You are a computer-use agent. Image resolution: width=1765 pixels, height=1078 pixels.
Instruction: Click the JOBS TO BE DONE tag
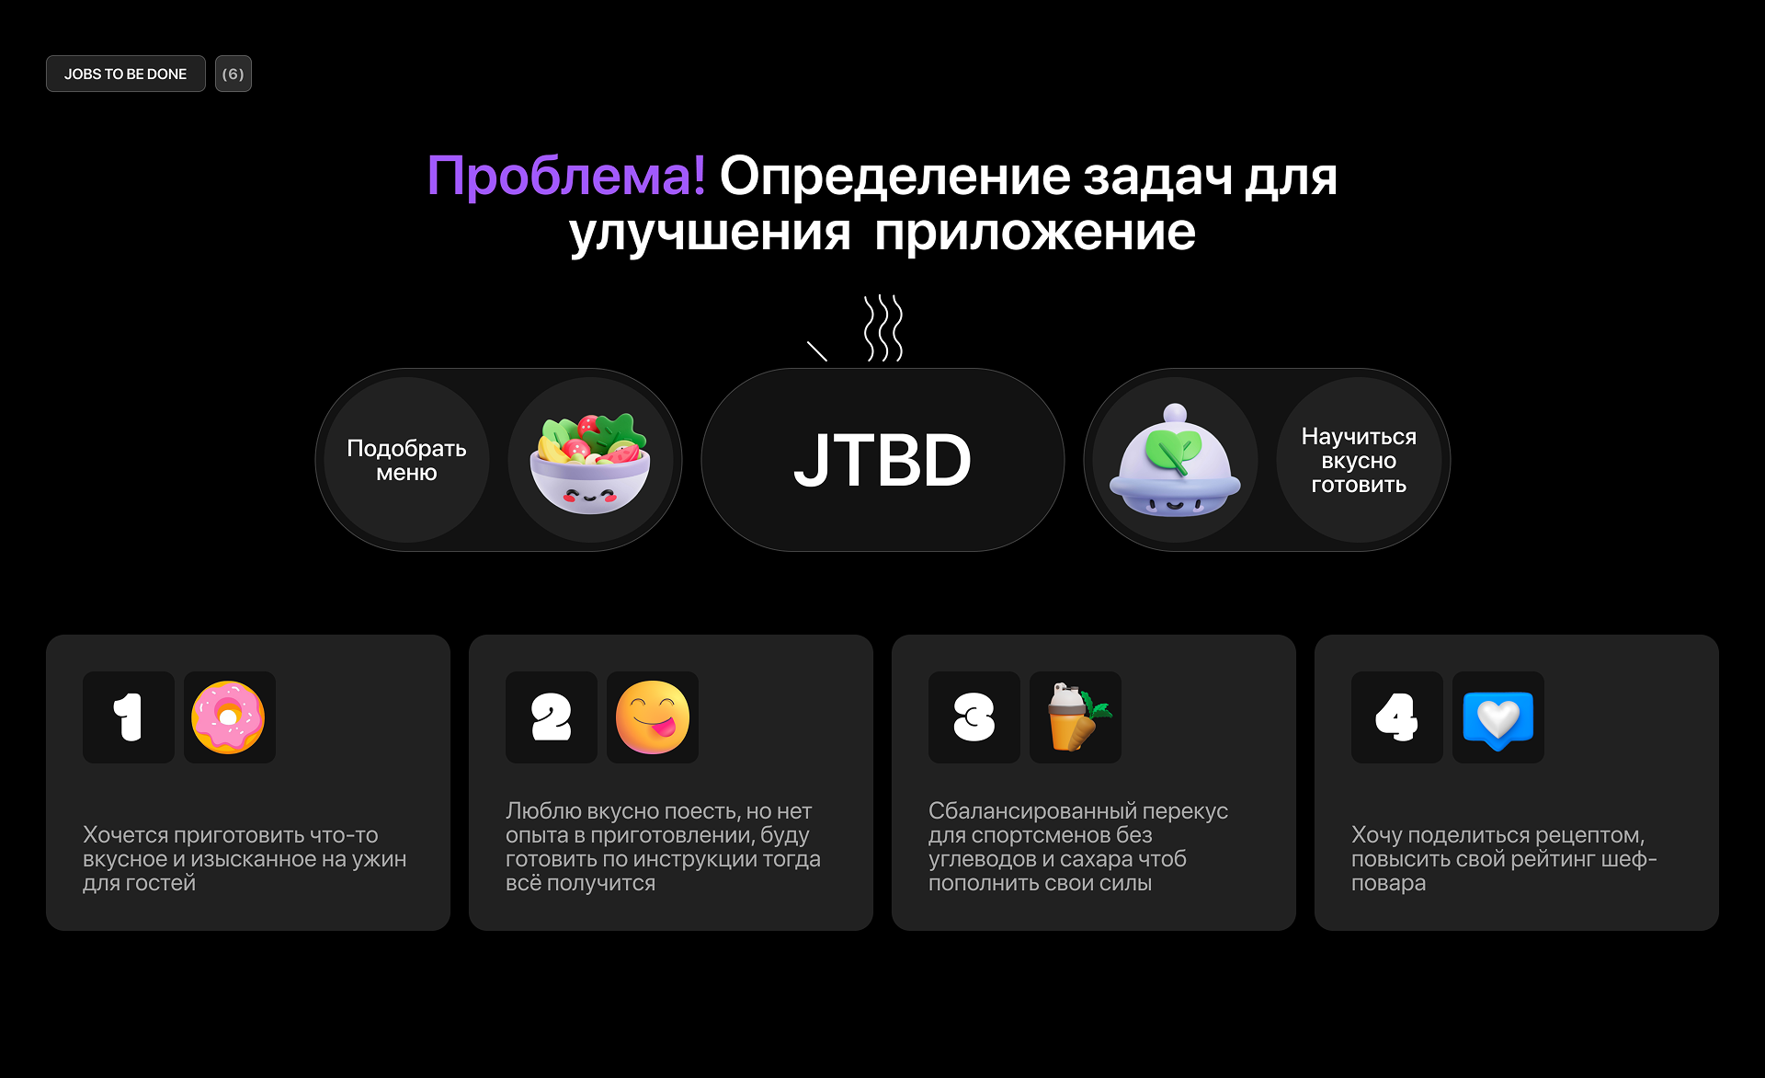(x=126, y=74)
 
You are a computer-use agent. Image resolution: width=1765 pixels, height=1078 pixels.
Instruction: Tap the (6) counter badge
(x=233, y=74)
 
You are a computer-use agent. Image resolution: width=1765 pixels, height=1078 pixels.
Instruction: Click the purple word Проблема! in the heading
(x=566, y=176)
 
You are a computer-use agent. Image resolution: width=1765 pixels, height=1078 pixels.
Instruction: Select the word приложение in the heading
(x=1035, y=232)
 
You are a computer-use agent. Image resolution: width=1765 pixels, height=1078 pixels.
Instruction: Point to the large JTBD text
(x=882, y=460)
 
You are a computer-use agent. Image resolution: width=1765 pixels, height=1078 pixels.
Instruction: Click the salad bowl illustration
(x=590, y=462)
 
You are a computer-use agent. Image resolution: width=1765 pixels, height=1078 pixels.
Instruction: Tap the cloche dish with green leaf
(x=1175, y=462)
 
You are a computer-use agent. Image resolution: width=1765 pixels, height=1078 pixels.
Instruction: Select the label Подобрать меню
(x=406, y=460)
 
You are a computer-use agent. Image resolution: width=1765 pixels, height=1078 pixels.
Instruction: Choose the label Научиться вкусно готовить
(x=1359, y=460)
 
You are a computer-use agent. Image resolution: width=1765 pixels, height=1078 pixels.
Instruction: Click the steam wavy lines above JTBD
(x=883, y=327)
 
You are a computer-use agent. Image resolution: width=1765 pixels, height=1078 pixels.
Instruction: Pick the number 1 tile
(x=129, y=717)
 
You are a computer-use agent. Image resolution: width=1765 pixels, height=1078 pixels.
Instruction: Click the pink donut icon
(x=229, y=717)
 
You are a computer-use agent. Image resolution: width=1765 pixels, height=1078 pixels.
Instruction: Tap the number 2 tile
(x=552, y=717)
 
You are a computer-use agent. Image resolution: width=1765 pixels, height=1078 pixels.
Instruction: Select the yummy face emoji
(x=653, y=717)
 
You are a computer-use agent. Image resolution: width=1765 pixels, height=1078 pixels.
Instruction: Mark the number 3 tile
(x=974, y=717)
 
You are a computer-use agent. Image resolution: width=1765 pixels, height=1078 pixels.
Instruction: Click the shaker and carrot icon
(x=1076, y=717)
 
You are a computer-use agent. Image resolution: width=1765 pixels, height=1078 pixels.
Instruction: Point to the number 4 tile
(x=1397, y=717)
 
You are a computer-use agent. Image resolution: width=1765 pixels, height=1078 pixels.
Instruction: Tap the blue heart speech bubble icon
(x=1498, y=717)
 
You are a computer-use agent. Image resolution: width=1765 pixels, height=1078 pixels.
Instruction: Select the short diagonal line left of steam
(x=817, y=351)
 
